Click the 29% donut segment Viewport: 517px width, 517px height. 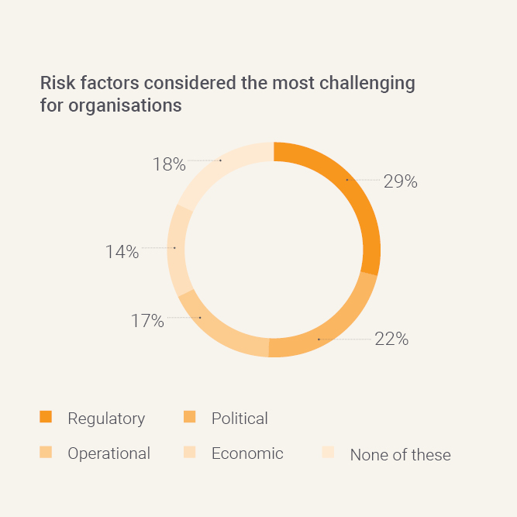[347, 180]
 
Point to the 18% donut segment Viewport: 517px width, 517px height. [221, 160]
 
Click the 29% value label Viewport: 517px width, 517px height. [400, 181]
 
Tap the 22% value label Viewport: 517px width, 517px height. [391, 339]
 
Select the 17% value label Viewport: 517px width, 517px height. [147, 320]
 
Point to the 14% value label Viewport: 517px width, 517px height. [122, 252]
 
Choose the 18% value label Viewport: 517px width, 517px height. [169, 164]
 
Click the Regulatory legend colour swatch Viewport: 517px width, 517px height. [46, 418]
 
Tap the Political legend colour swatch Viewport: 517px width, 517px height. [189, 418]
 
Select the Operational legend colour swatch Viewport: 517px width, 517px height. [46, 453]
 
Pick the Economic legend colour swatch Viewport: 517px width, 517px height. [189, 453]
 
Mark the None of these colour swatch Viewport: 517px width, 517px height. [328, 453]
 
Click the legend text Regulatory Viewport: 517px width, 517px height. [106, 419]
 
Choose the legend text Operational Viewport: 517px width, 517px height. [109, 453]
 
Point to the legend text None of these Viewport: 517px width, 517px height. [400, 455]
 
